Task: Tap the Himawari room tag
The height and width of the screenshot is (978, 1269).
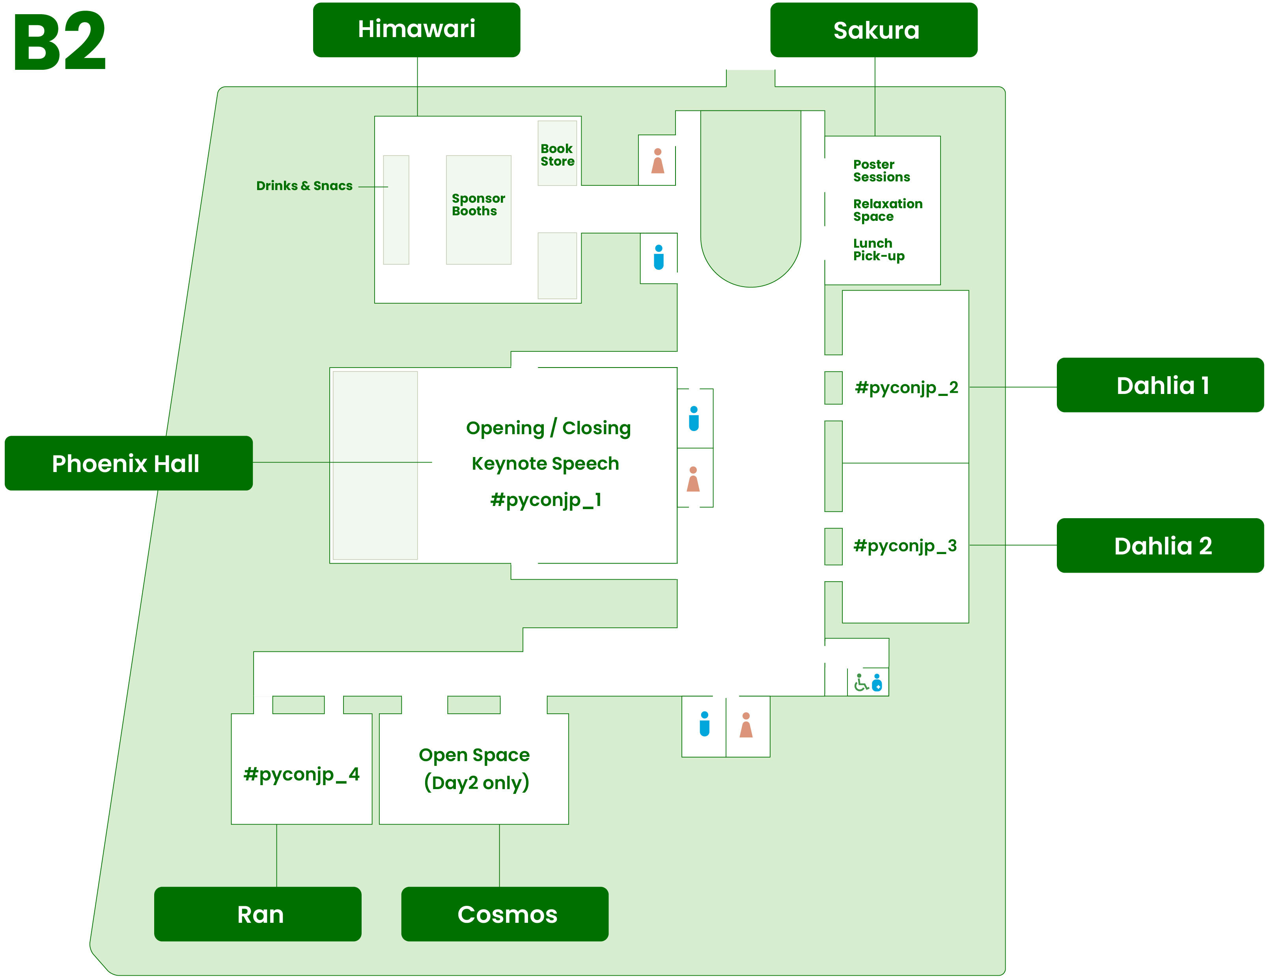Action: point(416,30)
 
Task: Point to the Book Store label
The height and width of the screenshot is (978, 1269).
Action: point(557,155)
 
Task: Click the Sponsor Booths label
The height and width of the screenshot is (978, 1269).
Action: point(478,205)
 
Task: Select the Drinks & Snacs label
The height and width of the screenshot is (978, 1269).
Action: point(304,186)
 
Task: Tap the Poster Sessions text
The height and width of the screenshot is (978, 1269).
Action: point(881,171)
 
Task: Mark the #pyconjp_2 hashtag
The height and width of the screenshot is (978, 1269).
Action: point(906,388)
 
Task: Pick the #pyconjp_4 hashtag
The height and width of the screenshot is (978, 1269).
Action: point(301,774)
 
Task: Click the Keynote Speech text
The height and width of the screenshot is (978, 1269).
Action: point(545,464)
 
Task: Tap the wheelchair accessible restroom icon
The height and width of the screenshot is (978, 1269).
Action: point(861,682)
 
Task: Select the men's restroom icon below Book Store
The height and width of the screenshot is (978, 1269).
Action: point(658,258)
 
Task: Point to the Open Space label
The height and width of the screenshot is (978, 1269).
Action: point(474,755)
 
